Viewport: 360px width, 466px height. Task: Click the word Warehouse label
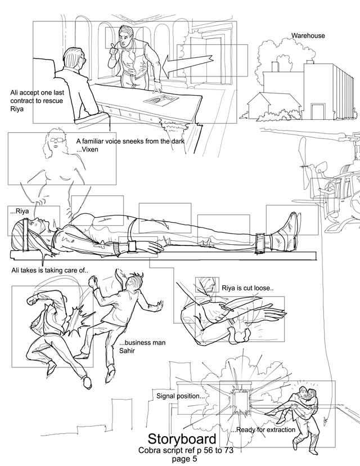[308, 35]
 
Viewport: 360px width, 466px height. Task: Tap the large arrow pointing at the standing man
[187, 65]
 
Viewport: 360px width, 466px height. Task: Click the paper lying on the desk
[161, 100]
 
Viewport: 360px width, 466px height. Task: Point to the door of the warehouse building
[317, 111]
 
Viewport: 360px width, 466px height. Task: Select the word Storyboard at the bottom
[182, 438]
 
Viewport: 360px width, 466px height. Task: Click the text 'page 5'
[184, 459]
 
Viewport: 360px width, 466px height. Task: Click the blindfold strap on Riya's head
[26, 234]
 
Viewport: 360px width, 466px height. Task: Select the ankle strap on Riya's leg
[261, 243]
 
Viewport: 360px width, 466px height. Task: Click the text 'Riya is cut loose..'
[247, 288]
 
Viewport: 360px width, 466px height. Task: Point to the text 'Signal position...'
[181, 396]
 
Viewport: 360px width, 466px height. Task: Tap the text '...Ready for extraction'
[263, 430]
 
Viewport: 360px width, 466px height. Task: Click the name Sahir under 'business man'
[127, 351]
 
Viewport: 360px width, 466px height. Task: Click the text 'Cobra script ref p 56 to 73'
[186, 450]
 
